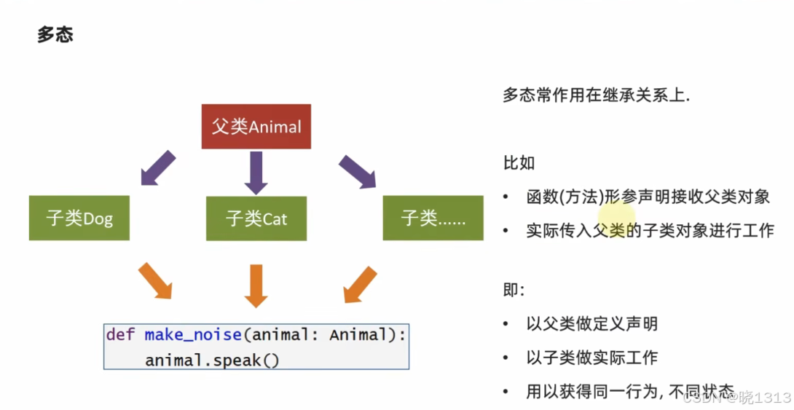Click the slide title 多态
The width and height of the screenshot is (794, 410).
point(55,35)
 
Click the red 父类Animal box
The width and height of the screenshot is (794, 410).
point(256,127)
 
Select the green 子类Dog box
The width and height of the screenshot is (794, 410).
point(79,218)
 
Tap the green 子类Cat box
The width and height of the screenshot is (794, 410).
point(256,218)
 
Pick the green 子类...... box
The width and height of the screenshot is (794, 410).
point(433,218)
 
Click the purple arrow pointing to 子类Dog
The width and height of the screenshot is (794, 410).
point(157,168)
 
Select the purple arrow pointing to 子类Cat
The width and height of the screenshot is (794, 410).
point(256,173)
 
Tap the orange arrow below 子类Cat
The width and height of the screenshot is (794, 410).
point(256,284)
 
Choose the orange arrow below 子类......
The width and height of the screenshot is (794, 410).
point(360,284)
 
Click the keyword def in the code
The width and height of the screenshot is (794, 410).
point(121,335)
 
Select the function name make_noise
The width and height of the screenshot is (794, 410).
point(192,335)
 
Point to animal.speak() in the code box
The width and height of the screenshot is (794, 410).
point(212,359)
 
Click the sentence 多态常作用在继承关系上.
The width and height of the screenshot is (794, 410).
point(596,95)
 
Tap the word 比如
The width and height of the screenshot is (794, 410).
point(519,162)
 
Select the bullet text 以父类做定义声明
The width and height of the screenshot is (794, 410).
point(591,323)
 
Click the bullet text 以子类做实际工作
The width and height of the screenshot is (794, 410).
point(591,358)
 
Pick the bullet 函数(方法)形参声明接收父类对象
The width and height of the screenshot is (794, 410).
point(647,197)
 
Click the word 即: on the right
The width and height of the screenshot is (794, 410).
point(514,290)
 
